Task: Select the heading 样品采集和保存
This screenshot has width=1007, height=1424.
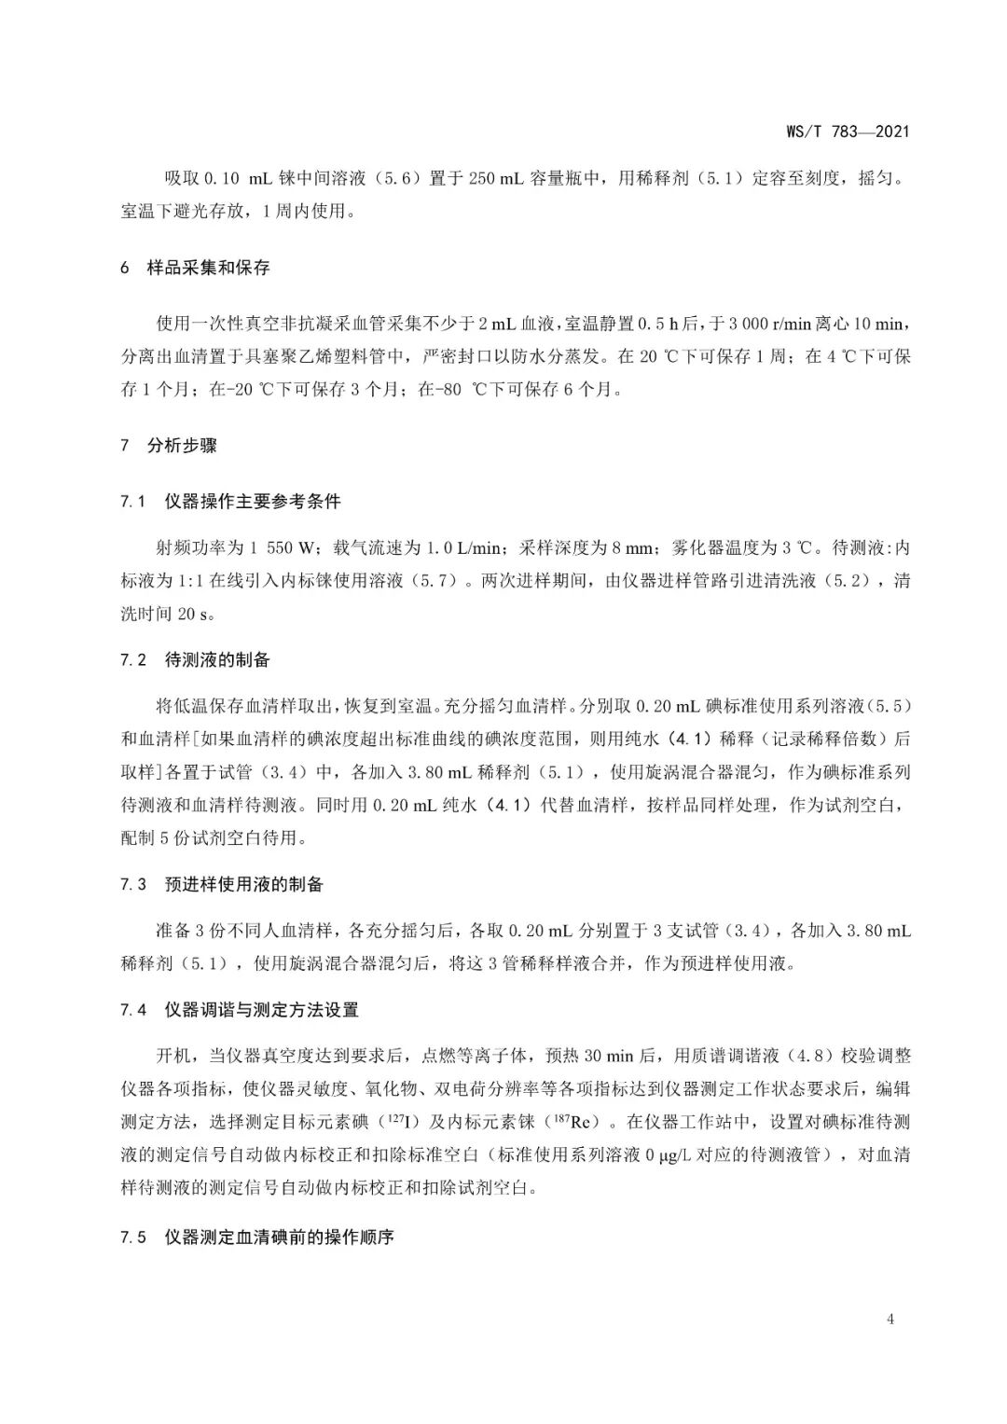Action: tap(208, 268)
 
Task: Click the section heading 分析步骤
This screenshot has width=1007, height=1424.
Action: tap(182, 446)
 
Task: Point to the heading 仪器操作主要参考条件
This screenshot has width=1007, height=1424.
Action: tap(253, 502)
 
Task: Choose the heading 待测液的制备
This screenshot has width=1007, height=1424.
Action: tap(217, 660)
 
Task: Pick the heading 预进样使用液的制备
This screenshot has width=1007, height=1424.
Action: tap(243, 884)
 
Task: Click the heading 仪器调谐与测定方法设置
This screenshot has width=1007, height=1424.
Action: tap(261, 1010)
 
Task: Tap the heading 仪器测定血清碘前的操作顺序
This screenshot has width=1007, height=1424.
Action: tap(279, 1238)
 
